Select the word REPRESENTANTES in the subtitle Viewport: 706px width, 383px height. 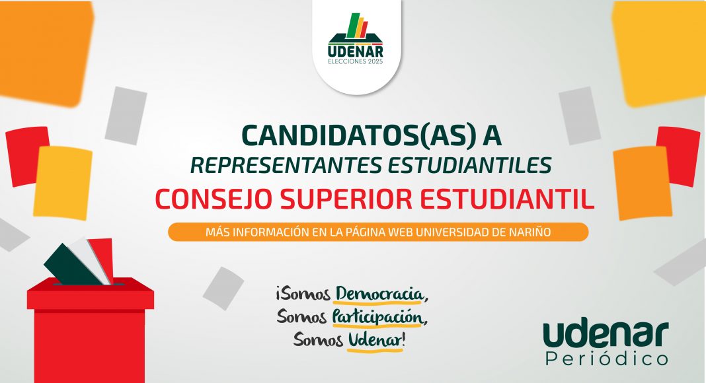286,166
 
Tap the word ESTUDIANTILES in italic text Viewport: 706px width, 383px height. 469,166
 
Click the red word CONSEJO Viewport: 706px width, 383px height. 214,199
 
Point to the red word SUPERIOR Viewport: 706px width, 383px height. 346,199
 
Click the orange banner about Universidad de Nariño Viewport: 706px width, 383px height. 378,232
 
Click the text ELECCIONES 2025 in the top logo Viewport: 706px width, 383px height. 356,61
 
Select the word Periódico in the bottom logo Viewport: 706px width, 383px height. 606,359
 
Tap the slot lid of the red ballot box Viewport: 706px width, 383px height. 90,294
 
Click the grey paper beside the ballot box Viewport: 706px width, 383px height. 223,288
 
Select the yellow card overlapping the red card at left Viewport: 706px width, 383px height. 63,182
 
